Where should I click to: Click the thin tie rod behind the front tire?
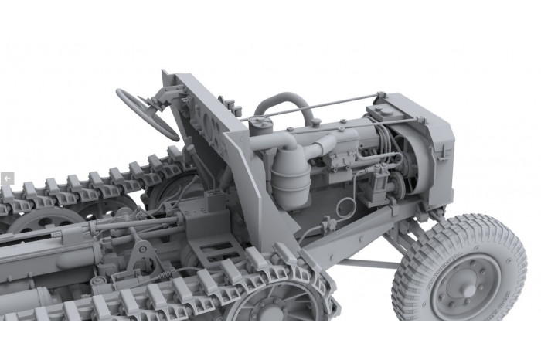pyautogui.click(x=363, y=263)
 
